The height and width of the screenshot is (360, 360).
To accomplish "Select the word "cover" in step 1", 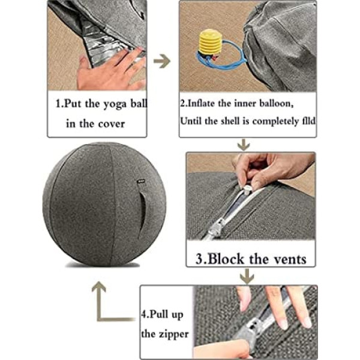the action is (112, 124).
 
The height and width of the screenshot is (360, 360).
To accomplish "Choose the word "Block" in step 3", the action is (226, 259).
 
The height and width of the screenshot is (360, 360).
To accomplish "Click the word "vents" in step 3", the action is (290, 259).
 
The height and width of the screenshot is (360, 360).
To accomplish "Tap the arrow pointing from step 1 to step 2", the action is (162, 61).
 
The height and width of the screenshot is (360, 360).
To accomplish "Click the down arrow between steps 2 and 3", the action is (244, 144).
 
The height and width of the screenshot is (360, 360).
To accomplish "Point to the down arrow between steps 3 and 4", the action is (247, 276).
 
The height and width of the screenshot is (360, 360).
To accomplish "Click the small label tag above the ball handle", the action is (140, 181).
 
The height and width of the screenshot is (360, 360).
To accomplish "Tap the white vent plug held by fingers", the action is (247, 190).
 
